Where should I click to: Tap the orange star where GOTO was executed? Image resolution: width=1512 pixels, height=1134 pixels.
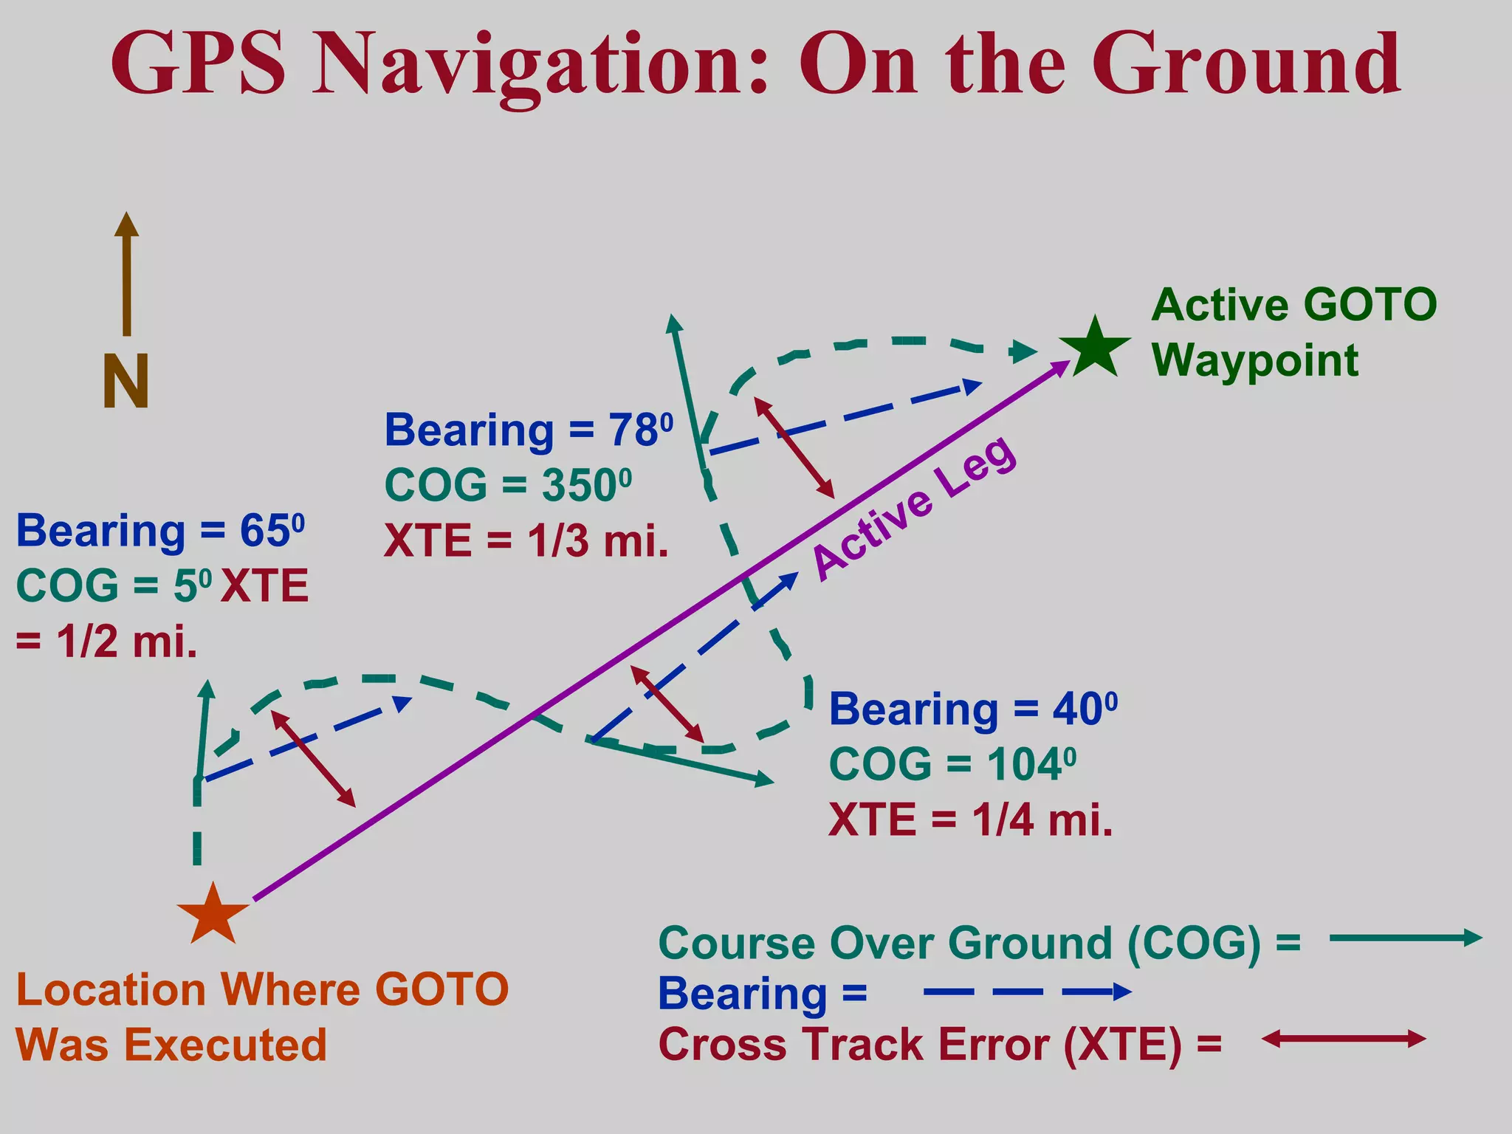(213, 916)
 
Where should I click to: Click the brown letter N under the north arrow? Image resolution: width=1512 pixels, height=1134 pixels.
(126, 382)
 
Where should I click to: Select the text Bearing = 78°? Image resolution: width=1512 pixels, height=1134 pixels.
(529, 430)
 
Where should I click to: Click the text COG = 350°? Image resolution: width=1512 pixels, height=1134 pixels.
(508, 486)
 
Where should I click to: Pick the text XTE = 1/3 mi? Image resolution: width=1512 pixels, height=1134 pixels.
(526, 541)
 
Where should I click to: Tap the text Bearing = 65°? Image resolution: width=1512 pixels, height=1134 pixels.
(160, 531)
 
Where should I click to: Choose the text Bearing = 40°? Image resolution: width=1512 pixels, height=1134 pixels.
(973, 709)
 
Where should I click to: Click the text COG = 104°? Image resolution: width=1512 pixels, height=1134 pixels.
(952, 764)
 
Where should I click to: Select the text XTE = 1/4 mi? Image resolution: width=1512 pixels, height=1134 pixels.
(970, 819)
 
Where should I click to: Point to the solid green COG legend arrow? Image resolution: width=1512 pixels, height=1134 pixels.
(1405, 938)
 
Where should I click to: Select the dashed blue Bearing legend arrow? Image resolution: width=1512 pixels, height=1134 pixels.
(1026, 992)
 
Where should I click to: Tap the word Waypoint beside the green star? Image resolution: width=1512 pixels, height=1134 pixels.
(1255, 360)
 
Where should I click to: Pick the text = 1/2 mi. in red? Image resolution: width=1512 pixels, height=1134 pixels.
(107, 642)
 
